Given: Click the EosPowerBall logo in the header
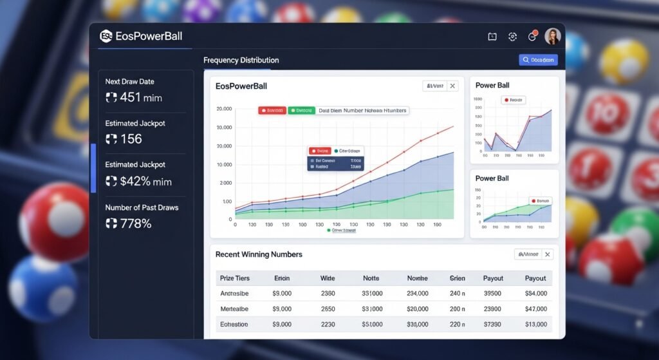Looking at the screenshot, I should [x=106, y=36].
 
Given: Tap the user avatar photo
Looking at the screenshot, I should [x=552, y=37].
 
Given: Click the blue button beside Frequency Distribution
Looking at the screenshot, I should [x=538, y=60].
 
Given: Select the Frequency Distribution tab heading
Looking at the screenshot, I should [x=241, y=60].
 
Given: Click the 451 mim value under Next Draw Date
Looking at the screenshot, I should [x=135, y=97].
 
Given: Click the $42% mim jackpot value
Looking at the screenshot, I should [x=139, y=181].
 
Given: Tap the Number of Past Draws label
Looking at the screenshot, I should [x=142, y=207].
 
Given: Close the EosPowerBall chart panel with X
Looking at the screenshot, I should [x=452, y=86].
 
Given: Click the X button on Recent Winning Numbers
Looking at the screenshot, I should [x=548, y=254].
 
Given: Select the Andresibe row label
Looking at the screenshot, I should [x=234, y=293].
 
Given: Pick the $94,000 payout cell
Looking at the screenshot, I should [x=535, y=293].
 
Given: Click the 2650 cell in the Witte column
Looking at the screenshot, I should [x=328, y=308].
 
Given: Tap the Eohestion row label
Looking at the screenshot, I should [x=234, y=325].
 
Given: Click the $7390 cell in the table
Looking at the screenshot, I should [x=492, y=325].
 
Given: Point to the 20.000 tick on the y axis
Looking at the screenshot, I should [x=224, y=109].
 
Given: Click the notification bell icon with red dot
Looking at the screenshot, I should [x=532, y=37].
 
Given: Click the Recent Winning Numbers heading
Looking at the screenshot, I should [x=259, y=254].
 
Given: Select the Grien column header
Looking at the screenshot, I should [x=457, y=278].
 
